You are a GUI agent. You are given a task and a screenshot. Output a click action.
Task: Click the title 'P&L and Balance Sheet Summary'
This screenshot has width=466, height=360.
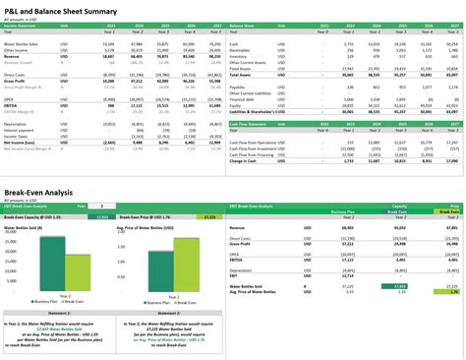(60, 9)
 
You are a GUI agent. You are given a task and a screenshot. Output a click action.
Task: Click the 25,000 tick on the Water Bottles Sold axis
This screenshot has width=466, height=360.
(13, 241)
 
